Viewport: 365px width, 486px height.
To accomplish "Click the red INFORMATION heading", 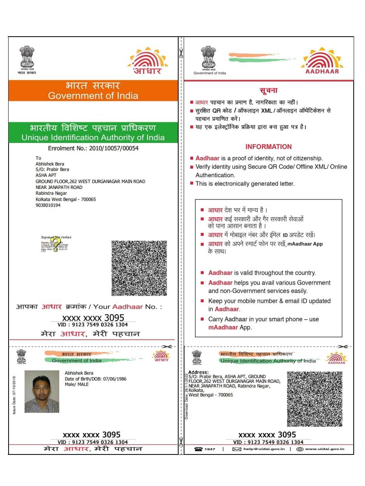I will click(x=268, y=147).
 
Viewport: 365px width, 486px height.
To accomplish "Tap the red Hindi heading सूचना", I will click(x=268, y=90).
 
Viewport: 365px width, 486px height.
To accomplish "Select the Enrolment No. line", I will click(x=93, y=148).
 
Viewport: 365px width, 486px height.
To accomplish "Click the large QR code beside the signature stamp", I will click(x=139, y=268).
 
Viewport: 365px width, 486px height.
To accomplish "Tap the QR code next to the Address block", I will click(x=315, y=399).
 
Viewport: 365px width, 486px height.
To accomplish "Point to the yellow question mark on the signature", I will click(x=57, y=244).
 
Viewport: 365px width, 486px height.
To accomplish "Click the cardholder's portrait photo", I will click(x=42, y=391).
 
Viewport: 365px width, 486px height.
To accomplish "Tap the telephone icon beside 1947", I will click(x=198, y=449).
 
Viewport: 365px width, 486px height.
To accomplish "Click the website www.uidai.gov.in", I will click(x=324, y=449).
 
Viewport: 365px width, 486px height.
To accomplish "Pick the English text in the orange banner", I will click(x=93, y=96).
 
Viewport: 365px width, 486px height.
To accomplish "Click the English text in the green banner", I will click(x=93, y=137).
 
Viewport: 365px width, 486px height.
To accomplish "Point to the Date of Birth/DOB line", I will click(x=96, y=379).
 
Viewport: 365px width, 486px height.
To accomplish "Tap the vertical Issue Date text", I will click(x=14, y=395).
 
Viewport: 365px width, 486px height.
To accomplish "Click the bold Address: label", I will click(x=198, y=372).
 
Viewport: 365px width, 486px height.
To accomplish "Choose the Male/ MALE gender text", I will click(x=76, y=384).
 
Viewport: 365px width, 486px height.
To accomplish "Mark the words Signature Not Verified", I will click(x=56, y=237).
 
